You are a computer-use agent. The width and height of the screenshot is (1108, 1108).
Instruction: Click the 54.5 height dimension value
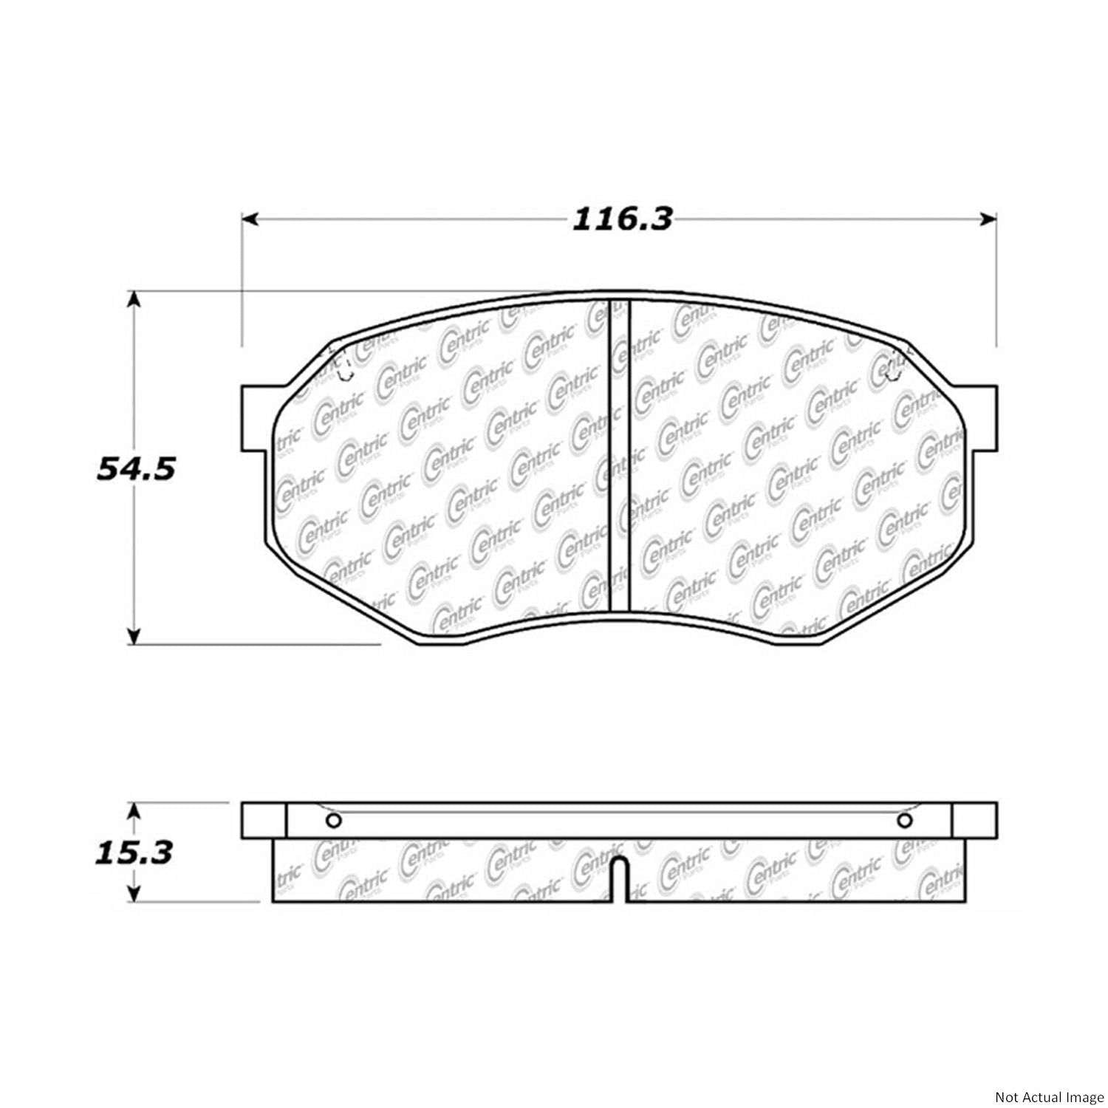coord(136,468)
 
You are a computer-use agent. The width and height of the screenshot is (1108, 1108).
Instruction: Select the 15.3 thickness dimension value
coord(134,852)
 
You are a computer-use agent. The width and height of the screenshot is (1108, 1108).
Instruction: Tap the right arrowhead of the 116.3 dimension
coord(989,219)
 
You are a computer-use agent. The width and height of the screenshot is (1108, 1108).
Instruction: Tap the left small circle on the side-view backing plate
coord(332,821)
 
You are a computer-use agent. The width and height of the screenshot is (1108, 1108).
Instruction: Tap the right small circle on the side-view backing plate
coord(905,821)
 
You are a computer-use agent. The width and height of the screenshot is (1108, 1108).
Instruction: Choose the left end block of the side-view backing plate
coord(264,821)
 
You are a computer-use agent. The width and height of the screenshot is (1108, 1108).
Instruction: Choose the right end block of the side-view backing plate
coord(974,821)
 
